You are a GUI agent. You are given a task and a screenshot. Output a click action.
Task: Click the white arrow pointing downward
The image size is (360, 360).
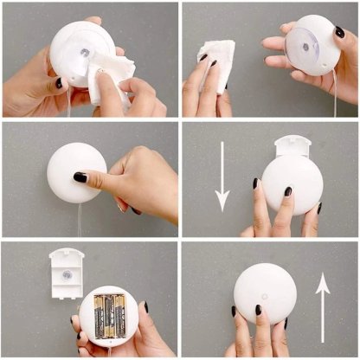pyautogui.click(x=222, y=178)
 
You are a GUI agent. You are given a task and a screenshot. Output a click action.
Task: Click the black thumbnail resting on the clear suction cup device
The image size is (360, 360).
pyautogui.click(x=340, y=32)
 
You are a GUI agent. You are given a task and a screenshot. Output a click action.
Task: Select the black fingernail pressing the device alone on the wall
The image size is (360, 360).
pyautogui.click(x=80, y=177)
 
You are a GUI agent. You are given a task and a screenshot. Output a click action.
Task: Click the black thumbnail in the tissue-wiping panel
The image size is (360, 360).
pyautogui.click(x=60, y=83)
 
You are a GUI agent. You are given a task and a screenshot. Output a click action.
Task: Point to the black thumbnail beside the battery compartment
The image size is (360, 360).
pyautogui.click(x=145, y=306)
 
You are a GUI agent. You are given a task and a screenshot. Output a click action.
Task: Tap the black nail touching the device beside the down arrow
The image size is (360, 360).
pyautogui.click(x=288, y=191)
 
